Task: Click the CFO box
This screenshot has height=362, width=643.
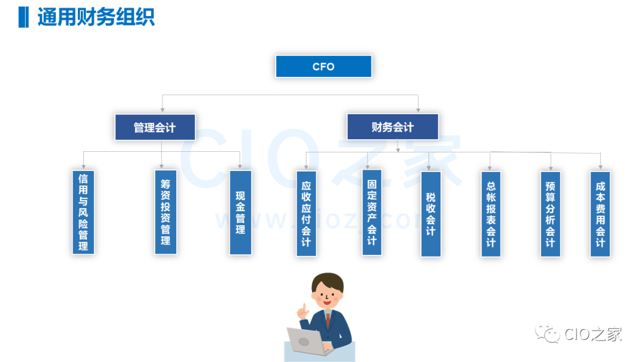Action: pos(323,67)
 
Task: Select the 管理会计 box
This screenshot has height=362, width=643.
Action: pos(155,127)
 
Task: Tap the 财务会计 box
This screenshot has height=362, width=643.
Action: pos(392,127)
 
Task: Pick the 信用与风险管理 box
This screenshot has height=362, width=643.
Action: pos(83,212)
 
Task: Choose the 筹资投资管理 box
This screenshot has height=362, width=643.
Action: pos(166,212)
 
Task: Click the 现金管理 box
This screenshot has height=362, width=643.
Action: pos(241,213)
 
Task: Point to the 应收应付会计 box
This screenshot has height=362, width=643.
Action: pos(306,214)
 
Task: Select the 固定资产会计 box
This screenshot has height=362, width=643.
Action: pos(372,213)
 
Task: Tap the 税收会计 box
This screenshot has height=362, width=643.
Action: pos(430,214)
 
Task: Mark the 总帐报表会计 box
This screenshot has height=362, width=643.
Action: pos(491,214)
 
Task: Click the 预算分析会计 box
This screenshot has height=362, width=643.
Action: pos(550,214)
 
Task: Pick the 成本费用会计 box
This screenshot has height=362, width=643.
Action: pos(600,214)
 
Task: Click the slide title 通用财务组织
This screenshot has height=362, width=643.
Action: pos(96,17)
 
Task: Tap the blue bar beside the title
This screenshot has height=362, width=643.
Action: pos(23,17)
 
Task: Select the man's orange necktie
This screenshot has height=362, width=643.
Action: pos(327,320)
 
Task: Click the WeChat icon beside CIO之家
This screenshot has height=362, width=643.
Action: pos(547,334)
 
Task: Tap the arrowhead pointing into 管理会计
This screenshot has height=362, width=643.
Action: pos(162,110)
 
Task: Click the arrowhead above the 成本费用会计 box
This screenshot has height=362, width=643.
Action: pos(600,167)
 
